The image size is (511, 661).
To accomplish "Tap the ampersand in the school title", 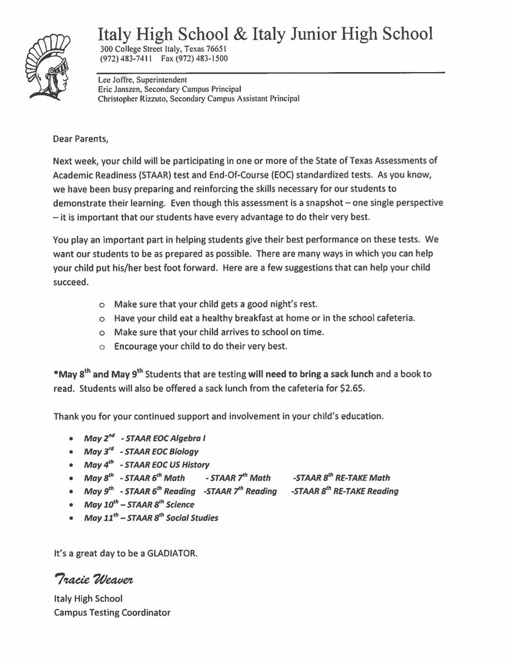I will (x=240, y=35).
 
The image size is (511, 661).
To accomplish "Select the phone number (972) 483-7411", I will (x=122, y=58).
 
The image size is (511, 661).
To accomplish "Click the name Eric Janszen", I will (x=116, y=90).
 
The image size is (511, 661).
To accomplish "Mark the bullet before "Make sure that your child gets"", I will (x=101, y=305).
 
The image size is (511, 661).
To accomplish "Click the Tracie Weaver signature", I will (x=94, y=580).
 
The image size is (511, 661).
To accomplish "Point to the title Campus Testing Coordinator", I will (x=112, y=612).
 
